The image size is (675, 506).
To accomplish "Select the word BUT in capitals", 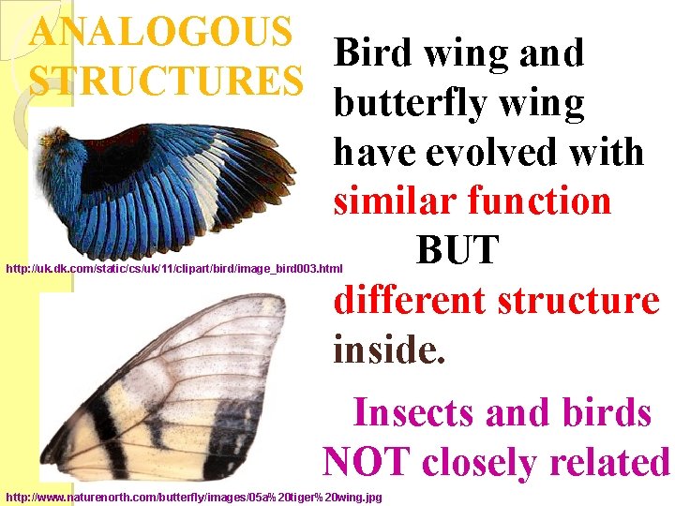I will coord(457,250).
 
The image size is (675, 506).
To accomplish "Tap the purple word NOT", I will coord(367,462).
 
